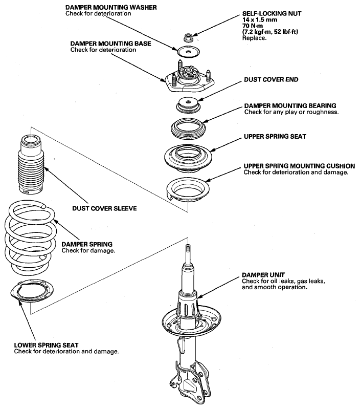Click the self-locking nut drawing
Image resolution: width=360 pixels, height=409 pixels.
click(x=188, y=37)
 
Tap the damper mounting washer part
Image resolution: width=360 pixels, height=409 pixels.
click(x=188, y=52)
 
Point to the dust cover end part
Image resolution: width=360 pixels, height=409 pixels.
click(x=188, y=104)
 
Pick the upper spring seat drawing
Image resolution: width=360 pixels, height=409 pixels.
click(x=188, y=158)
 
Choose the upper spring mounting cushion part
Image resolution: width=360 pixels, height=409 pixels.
click(x=188, y=190)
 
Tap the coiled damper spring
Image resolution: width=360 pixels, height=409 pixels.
click(x=30, y=238)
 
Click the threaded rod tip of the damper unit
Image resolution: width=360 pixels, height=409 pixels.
click(x=188, y=246)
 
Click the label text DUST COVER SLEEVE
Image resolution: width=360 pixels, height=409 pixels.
click(x=104, y=208)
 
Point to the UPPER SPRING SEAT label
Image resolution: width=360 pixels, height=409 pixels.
click(x=275, y=137)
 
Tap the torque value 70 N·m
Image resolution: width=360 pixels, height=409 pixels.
click(x=253, y=26)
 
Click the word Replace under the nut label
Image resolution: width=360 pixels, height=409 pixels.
click(x=255, y=38)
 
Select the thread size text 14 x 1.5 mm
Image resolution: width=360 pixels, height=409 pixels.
click(x=260, y=19)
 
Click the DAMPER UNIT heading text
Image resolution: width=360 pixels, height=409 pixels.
click(x=263, y=275)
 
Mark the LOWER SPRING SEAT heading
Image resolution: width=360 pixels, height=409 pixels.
click(x=46, y=345)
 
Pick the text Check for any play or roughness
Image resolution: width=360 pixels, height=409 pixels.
click(x=291, y=112)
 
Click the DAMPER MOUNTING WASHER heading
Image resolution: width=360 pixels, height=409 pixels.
click(x=111, y=7)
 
